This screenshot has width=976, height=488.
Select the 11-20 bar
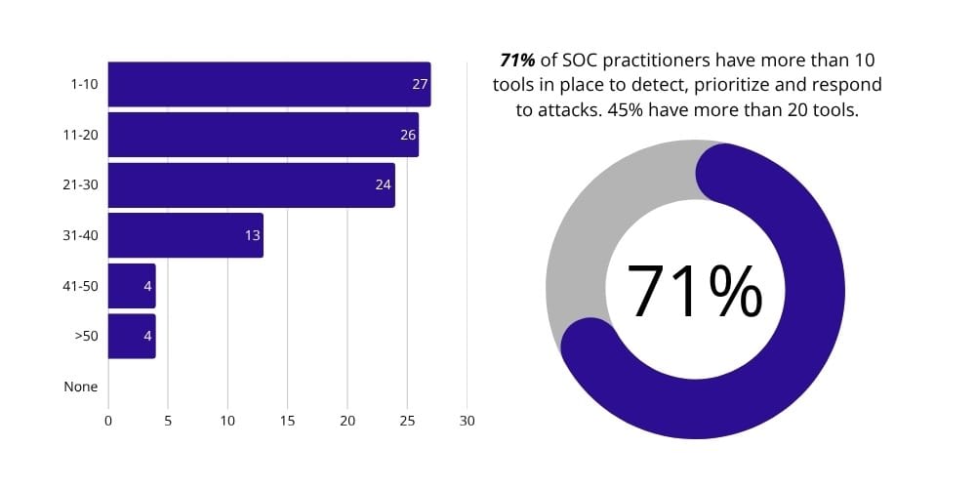click(263, 135)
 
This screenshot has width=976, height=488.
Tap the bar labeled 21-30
click(251, 184)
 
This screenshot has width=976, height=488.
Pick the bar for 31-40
click(185, 235)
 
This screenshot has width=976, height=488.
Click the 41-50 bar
click(131, 286)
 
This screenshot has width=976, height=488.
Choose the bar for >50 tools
click(131, 336)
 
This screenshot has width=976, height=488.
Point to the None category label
click(81, 386)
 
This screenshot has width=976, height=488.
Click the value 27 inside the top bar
click(420, 85)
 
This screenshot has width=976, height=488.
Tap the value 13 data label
click(253, 235)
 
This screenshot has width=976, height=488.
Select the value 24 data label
click(384, 184)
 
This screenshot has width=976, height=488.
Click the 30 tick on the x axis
click(467, 421)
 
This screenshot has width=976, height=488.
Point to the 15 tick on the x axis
click(288, 421)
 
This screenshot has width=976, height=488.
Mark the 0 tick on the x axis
click(108, 421)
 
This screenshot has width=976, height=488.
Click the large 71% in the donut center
click(694, 291)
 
